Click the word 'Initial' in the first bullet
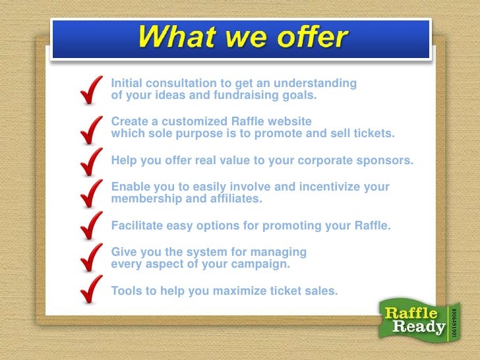point(128,84)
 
